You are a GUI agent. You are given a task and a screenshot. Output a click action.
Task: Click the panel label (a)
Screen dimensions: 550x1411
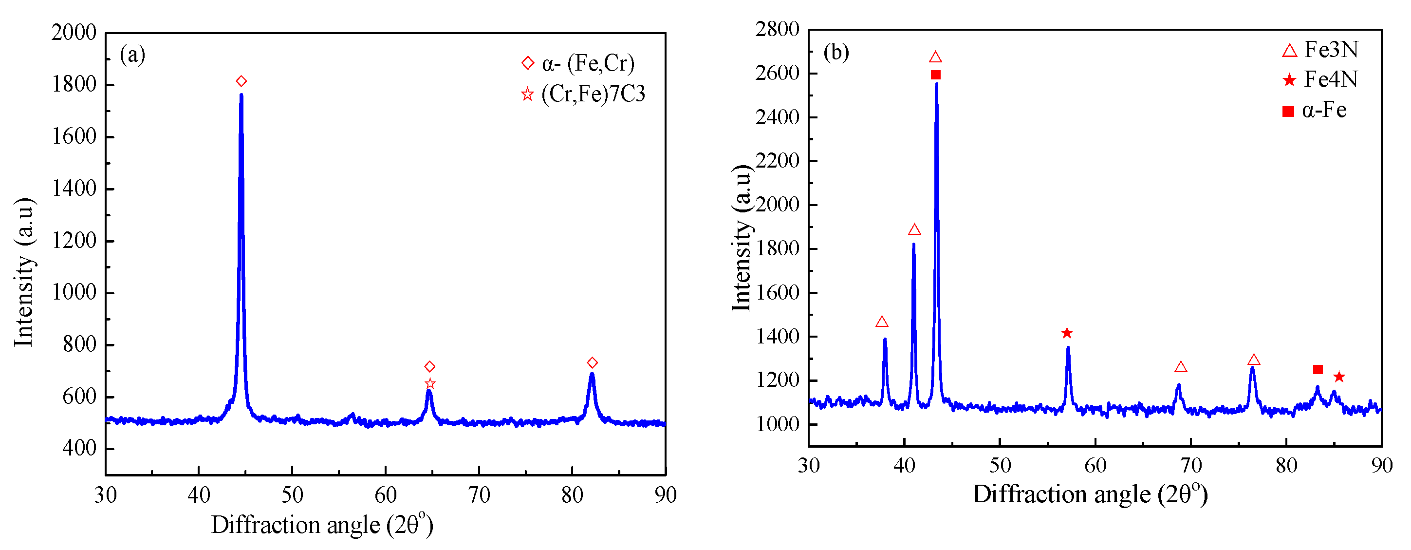[132, 54]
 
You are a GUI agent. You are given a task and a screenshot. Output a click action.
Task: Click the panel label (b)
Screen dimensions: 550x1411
[836, 52]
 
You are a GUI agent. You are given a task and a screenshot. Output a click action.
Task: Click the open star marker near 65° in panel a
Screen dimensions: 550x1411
[430, 383]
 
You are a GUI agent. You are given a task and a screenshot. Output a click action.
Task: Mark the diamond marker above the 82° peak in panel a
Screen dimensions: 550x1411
[592, 362]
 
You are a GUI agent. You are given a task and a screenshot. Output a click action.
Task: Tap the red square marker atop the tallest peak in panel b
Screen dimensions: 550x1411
[936, 75]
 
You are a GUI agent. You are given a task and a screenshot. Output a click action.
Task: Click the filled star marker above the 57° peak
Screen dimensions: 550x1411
[1066, 333]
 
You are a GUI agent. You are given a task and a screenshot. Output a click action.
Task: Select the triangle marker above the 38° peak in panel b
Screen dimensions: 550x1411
[882, 322]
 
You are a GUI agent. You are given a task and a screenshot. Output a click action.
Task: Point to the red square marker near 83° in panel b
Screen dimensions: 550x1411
[1318, 370]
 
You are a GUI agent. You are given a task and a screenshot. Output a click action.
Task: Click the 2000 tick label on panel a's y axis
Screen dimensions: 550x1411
[74, 32]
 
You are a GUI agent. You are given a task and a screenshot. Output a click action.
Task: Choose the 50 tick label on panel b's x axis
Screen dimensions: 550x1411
[1000, 466]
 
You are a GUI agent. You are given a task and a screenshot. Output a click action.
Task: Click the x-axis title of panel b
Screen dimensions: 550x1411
[1090, 494]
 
